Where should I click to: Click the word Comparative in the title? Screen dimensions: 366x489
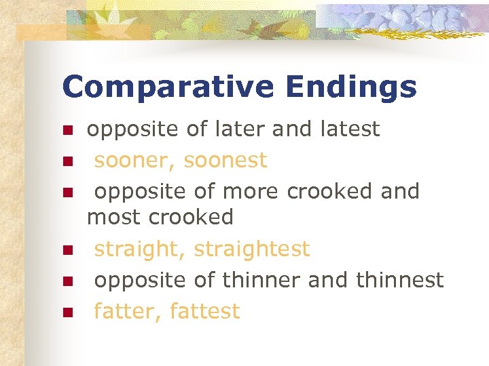(x=166, y=87)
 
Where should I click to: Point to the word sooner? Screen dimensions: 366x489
(x=134, y=161)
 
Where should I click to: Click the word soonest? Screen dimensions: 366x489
(x=225, y=161)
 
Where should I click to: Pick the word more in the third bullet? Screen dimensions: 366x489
(x=250, y=192)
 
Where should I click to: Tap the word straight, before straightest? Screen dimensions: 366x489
(x=140, y=249)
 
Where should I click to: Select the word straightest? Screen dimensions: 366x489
(x=251, y=249)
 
